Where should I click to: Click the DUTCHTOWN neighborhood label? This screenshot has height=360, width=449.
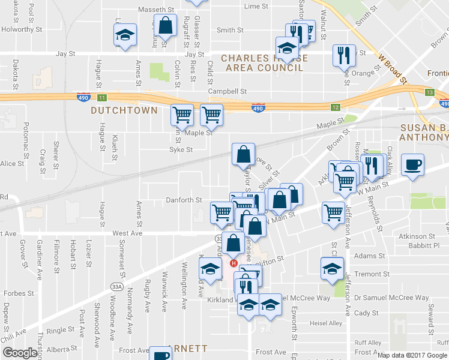[x=124, y=110]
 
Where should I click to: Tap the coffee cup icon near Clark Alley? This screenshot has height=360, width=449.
[x=412, y=164]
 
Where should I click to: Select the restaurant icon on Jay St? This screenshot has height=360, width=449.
[x=344, y=55]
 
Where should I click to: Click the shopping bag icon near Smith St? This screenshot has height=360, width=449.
[x=165, y=26]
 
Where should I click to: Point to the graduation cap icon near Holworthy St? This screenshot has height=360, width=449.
[x=125, y=35]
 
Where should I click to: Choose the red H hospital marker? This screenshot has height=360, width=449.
[x=234, y=263]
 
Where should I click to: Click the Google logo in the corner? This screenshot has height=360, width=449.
[x=20, y=353]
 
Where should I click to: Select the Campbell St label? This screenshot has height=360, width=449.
[x=228, y=91]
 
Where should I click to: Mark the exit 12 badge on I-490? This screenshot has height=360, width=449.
[x=335, y=106]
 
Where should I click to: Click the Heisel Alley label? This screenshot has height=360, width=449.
[x=325, y=323]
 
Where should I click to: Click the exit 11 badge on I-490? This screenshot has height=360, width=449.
[x=102, y=97]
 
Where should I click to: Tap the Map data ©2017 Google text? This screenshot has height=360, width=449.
[x=412, y=355]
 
